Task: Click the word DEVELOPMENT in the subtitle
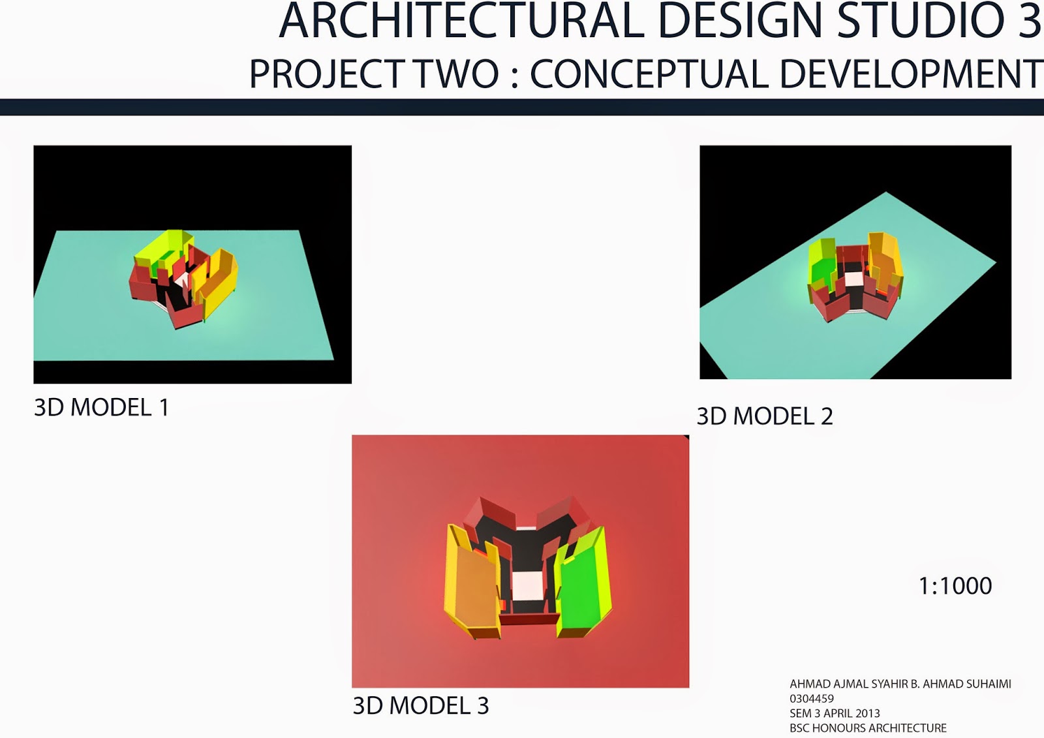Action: click(911, 74)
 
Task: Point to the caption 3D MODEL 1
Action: click(101, 408)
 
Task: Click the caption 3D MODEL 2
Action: click(765, 416)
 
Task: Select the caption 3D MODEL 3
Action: click(420, 706)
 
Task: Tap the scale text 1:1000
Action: click(955, 586)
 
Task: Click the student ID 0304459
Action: click(812, 699)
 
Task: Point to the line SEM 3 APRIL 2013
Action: click(835, 713)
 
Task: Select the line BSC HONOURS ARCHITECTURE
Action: click(868, 728)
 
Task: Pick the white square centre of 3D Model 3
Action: click(528, 585)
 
